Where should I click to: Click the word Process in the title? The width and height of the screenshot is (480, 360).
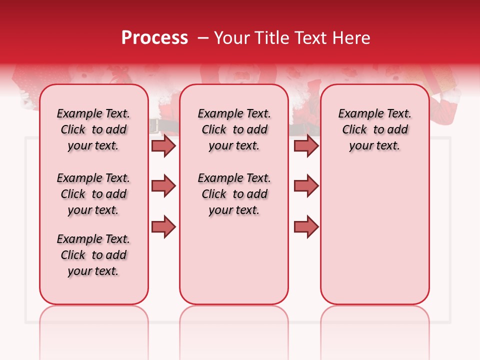(154, 38)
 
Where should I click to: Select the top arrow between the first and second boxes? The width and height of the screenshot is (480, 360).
(163, 145)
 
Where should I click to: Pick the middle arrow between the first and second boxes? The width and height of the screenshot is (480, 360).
(163, 186)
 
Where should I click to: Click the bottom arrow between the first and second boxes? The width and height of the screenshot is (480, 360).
(163, 226)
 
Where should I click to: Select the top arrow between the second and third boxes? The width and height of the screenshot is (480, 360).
(306, 145)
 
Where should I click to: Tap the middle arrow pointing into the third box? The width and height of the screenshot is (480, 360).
(306, 186)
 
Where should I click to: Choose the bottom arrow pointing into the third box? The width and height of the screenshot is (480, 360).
(306, 226)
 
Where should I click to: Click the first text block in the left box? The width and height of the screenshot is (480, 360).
(93, 129)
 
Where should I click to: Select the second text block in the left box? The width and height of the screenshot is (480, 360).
(93, 194)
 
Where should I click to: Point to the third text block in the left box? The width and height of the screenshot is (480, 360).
(93, 255)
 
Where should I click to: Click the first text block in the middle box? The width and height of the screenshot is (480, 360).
(234, 129)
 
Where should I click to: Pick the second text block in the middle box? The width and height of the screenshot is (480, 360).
(234, 194)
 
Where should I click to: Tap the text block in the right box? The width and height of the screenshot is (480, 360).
(375, 129)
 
